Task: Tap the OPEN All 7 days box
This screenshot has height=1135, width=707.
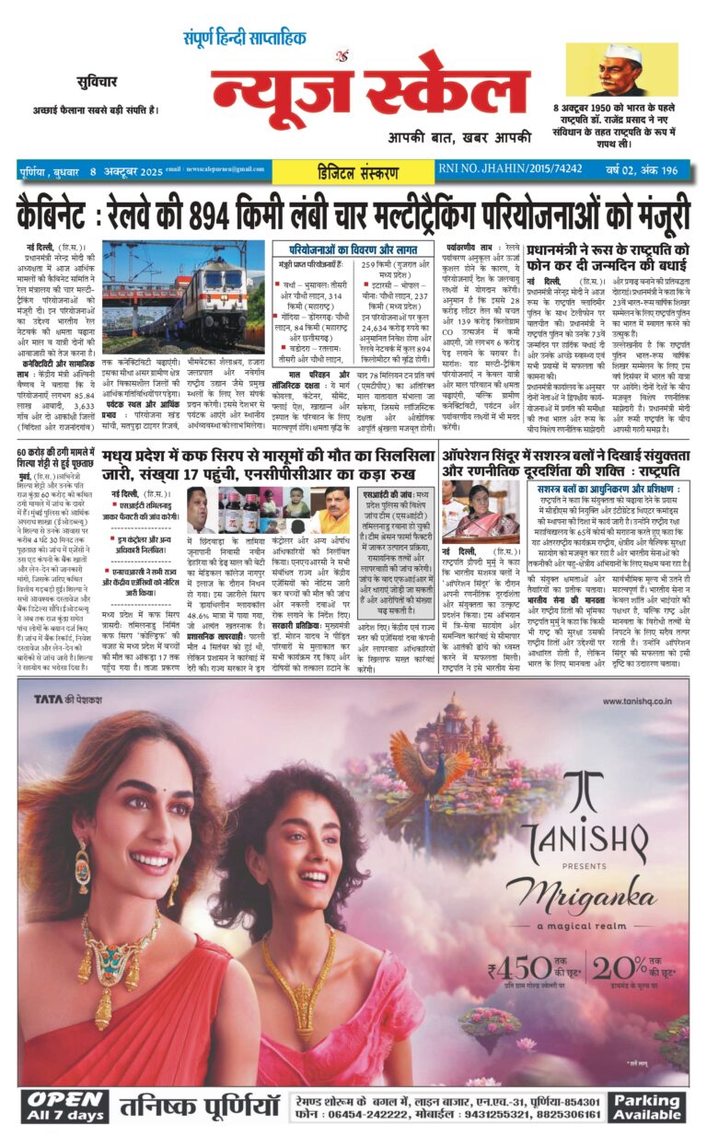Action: (64, 1106)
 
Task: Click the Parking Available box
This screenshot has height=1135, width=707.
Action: (647, 1106)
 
